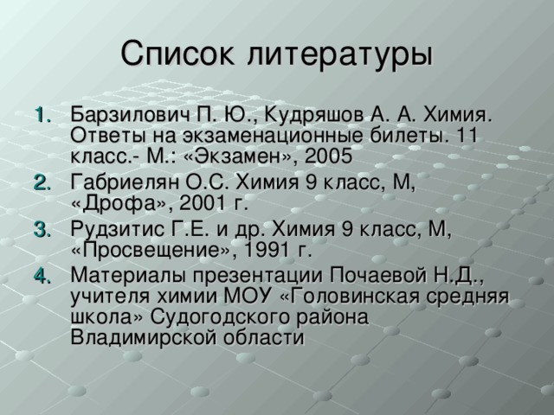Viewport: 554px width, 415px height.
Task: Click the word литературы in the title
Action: click(x=338, y=54)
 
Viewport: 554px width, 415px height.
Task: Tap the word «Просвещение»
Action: click(x=139, y=251)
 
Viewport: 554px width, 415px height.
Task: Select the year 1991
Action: click(x=263, y=251)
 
